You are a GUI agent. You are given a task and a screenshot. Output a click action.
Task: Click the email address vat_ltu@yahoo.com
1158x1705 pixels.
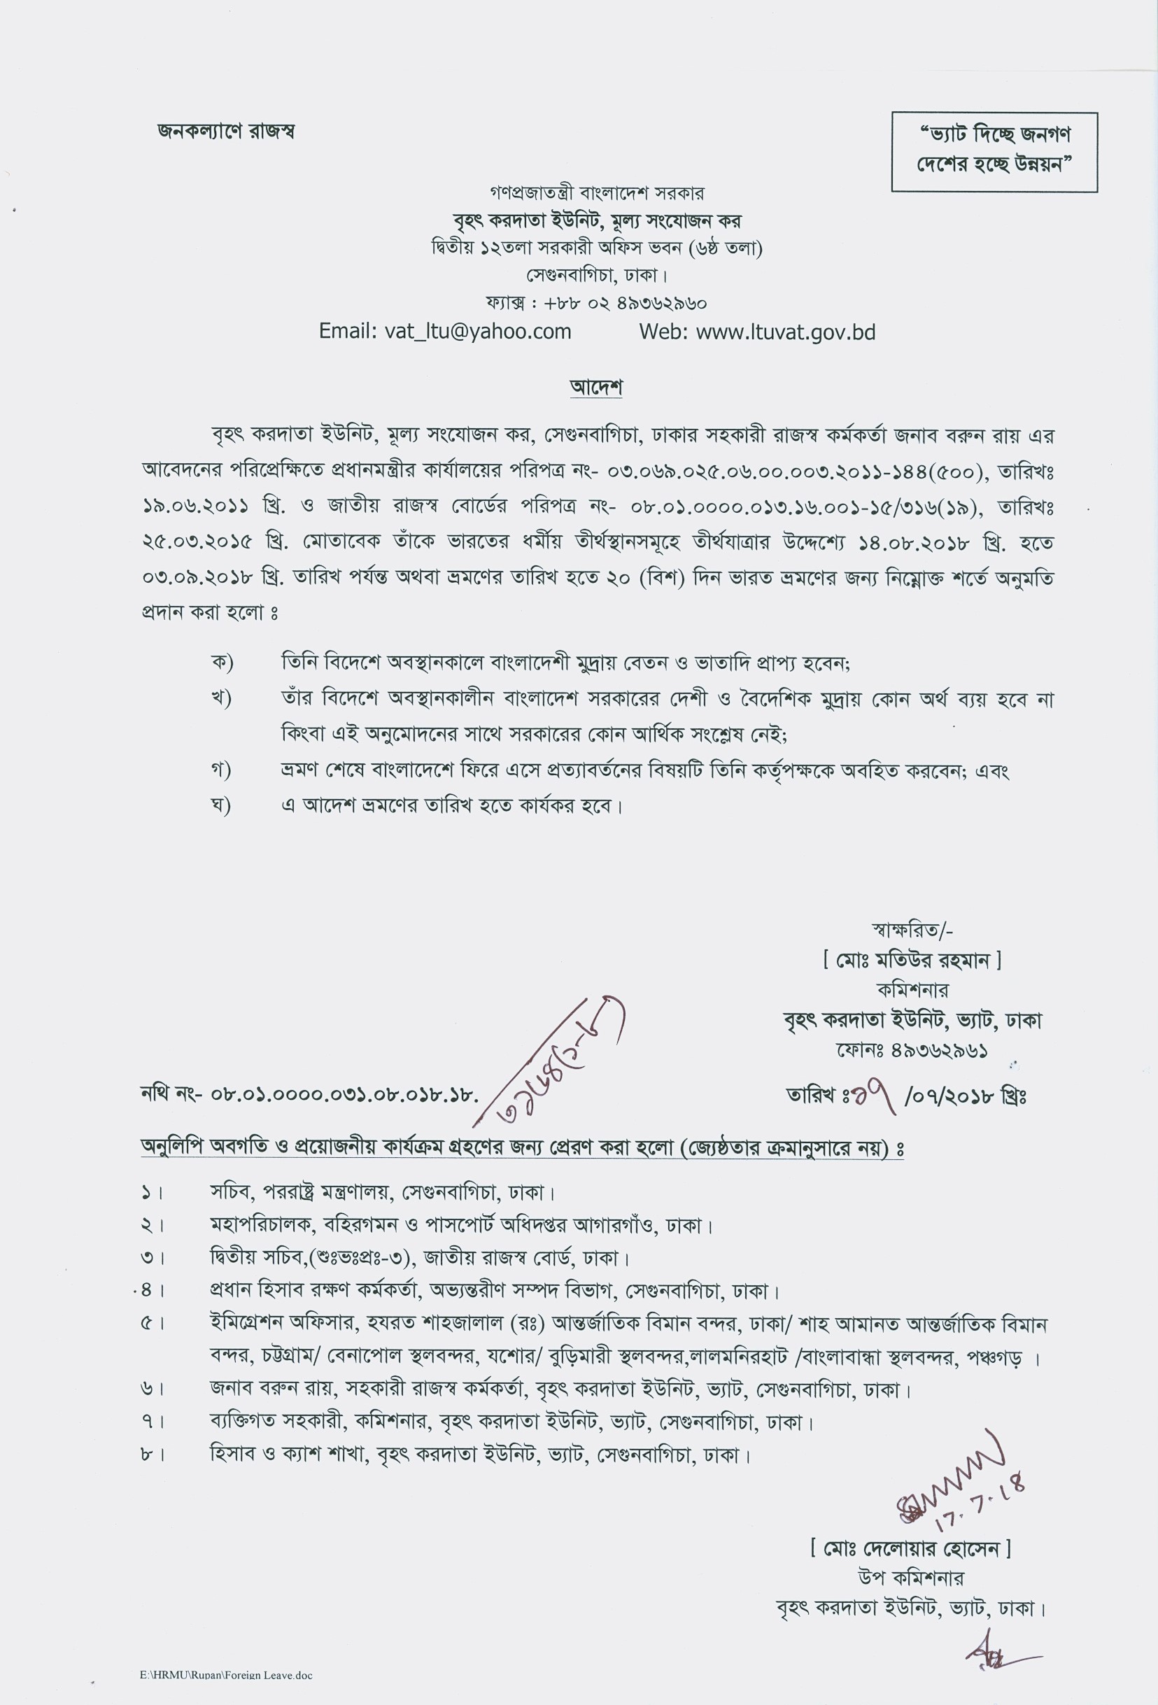[445, 332]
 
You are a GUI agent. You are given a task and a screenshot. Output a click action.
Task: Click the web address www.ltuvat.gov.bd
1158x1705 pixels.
[757, 332]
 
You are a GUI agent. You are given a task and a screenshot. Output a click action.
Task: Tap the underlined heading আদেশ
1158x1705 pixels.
[596, 387]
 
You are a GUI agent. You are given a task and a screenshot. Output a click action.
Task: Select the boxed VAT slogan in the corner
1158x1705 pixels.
[994, 151]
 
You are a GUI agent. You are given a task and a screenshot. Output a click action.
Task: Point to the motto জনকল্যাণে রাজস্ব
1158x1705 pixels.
[226, 132]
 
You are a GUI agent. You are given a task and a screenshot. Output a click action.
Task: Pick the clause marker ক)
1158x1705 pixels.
[221, 663]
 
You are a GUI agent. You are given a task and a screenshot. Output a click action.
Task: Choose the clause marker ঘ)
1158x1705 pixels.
[221, 805]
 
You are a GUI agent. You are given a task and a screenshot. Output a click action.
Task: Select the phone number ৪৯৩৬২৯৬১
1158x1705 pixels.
[940, 1050]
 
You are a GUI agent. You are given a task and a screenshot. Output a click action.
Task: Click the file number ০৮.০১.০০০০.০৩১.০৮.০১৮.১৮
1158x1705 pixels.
[344, 1095]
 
